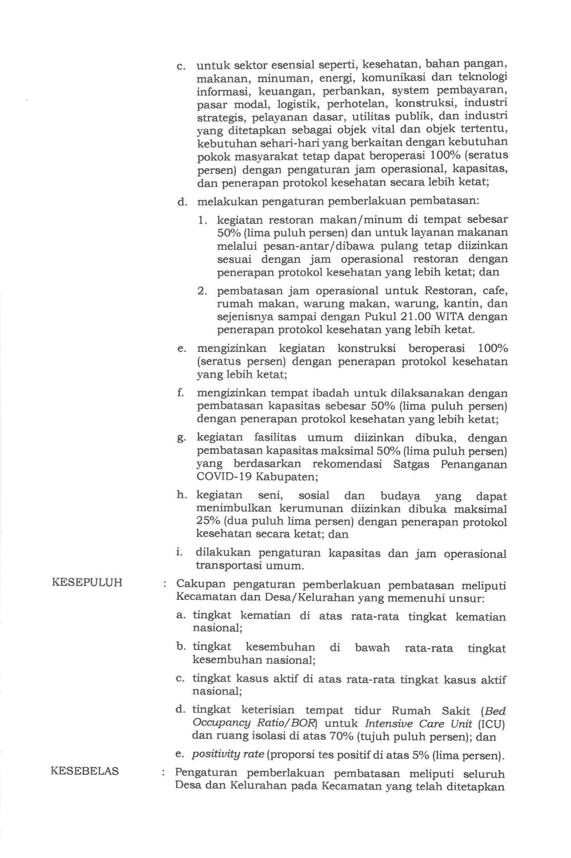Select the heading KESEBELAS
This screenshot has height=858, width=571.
pos(85,771)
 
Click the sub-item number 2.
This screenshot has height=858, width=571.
pos(202,291)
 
